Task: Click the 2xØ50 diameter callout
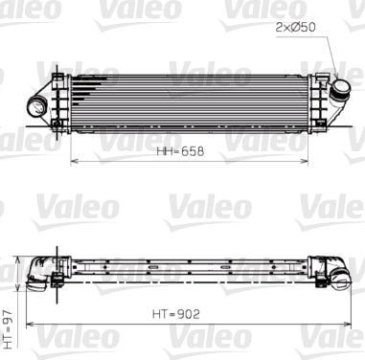coord(295,27)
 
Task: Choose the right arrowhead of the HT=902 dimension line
coord(352,321)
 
